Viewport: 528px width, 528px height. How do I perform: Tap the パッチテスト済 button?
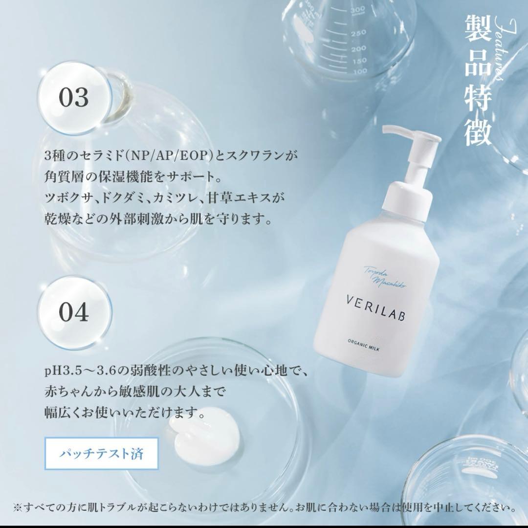click(x=102, y=453)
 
